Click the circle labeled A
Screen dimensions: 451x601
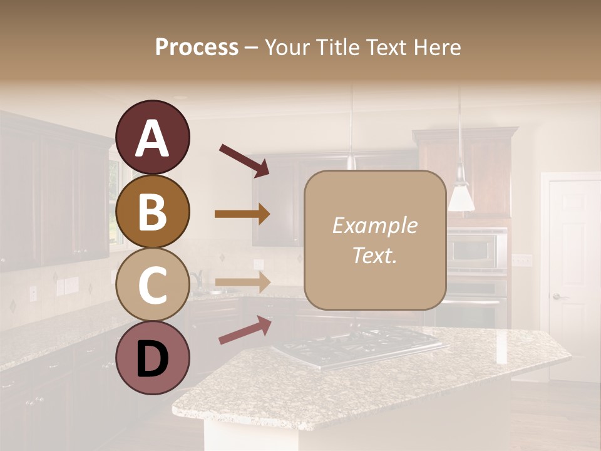pyautogui.click(x=152, y=137)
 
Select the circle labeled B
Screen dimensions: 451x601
pyautogui.click(x=152, y=211)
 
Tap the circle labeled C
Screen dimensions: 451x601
pyautogui.click(x=152, y=284)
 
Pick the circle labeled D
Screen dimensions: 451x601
pyautogui.click(x=152, y=358)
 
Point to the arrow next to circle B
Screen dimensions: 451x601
pyautogui.click(x=242, y=214)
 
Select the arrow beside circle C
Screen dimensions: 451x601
pyautogui.click(x=242, y=282)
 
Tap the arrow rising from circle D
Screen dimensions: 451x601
pyautogui.click(x=245, y=330)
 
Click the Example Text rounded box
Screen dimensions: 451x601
pyautogui.click(x=374, y=240)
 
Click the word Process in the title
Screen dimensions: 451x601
pyautogui.click(x=197, y=47)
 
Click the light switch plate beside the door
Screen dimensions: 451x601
pyautogui.click(x=521, y=259)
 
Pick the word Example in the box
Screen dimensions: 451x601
pyautogui.click(x=374, y=226)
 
